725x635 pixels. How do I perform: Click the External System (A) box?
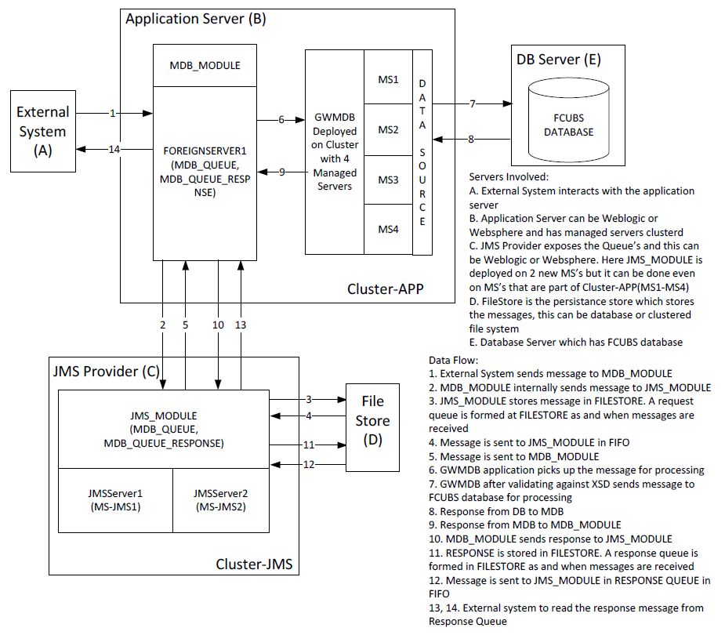pos(43,131)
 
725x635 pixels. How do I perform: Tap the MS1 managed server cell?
pos(389,79)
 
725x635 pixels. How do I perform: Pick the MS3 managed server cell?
pos(389,180)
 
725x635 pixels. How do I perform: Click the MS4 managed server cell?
pos(389,229)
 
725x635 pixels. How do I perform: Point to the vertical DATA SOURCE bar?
pos(422,152)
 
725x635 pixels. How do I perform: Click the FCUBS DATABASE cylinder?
pos(568,125)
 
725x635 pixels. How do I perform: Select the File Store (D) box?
pos(372,428)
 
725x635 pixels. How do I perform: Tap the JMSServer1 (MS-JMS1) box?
pos(115,499)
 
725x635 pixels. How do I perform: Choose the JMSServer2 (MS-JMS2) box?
pos(220,499)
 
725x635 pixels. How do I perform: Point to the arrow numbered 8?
pos(471,140)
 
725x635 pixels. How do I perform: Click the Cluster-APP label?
pos(385,289)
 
